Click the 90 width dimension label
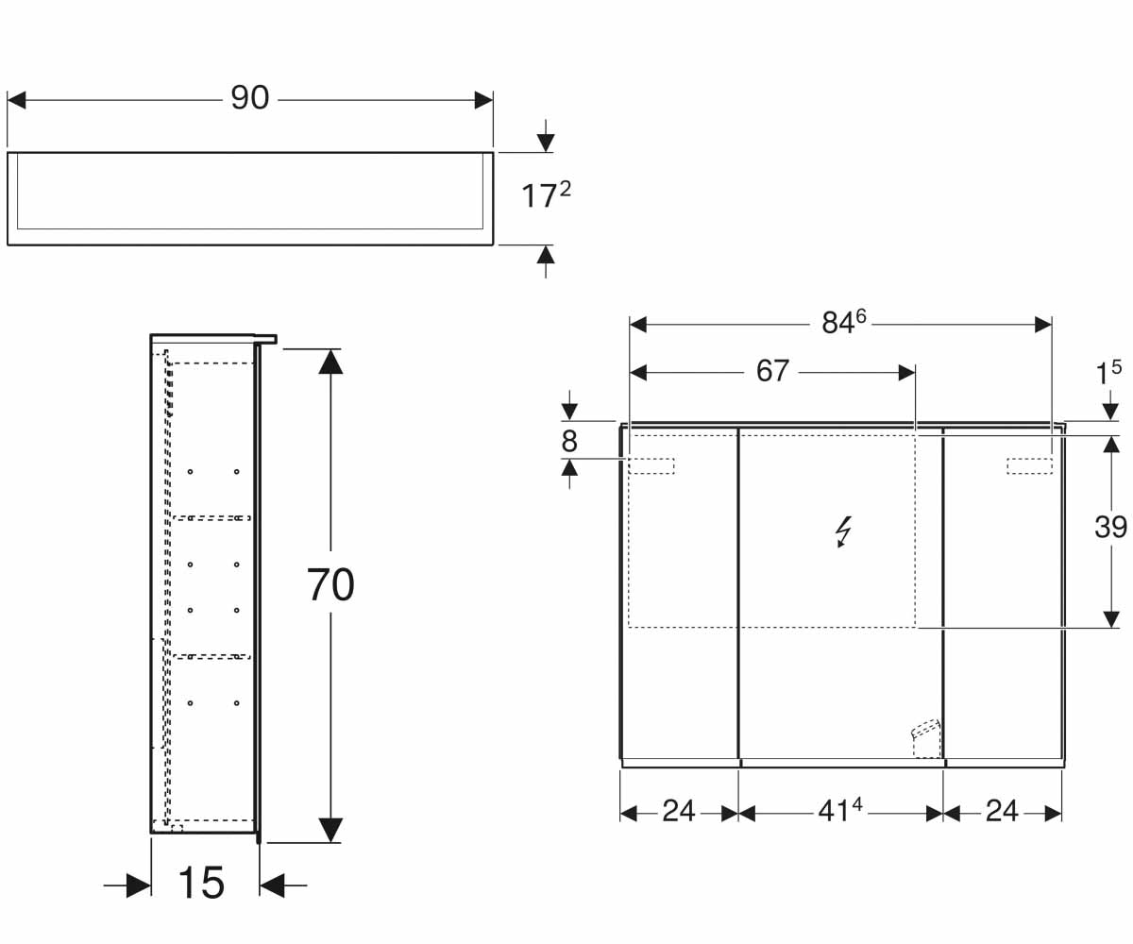coord(249,98)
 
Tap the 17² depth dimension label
coord(546,195)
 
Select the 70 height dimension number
coord(330,584)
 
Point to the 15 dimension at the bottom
coord(201,883)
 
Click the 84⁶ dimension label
coord(844,322)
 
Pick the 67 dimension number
coord(772,371)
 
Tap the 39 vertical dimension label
coord(1110,527)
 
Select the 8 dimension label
coord(569,441)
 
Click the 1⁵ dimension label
coord(1108,373)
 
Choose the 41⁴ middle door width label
coord(840,811)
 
